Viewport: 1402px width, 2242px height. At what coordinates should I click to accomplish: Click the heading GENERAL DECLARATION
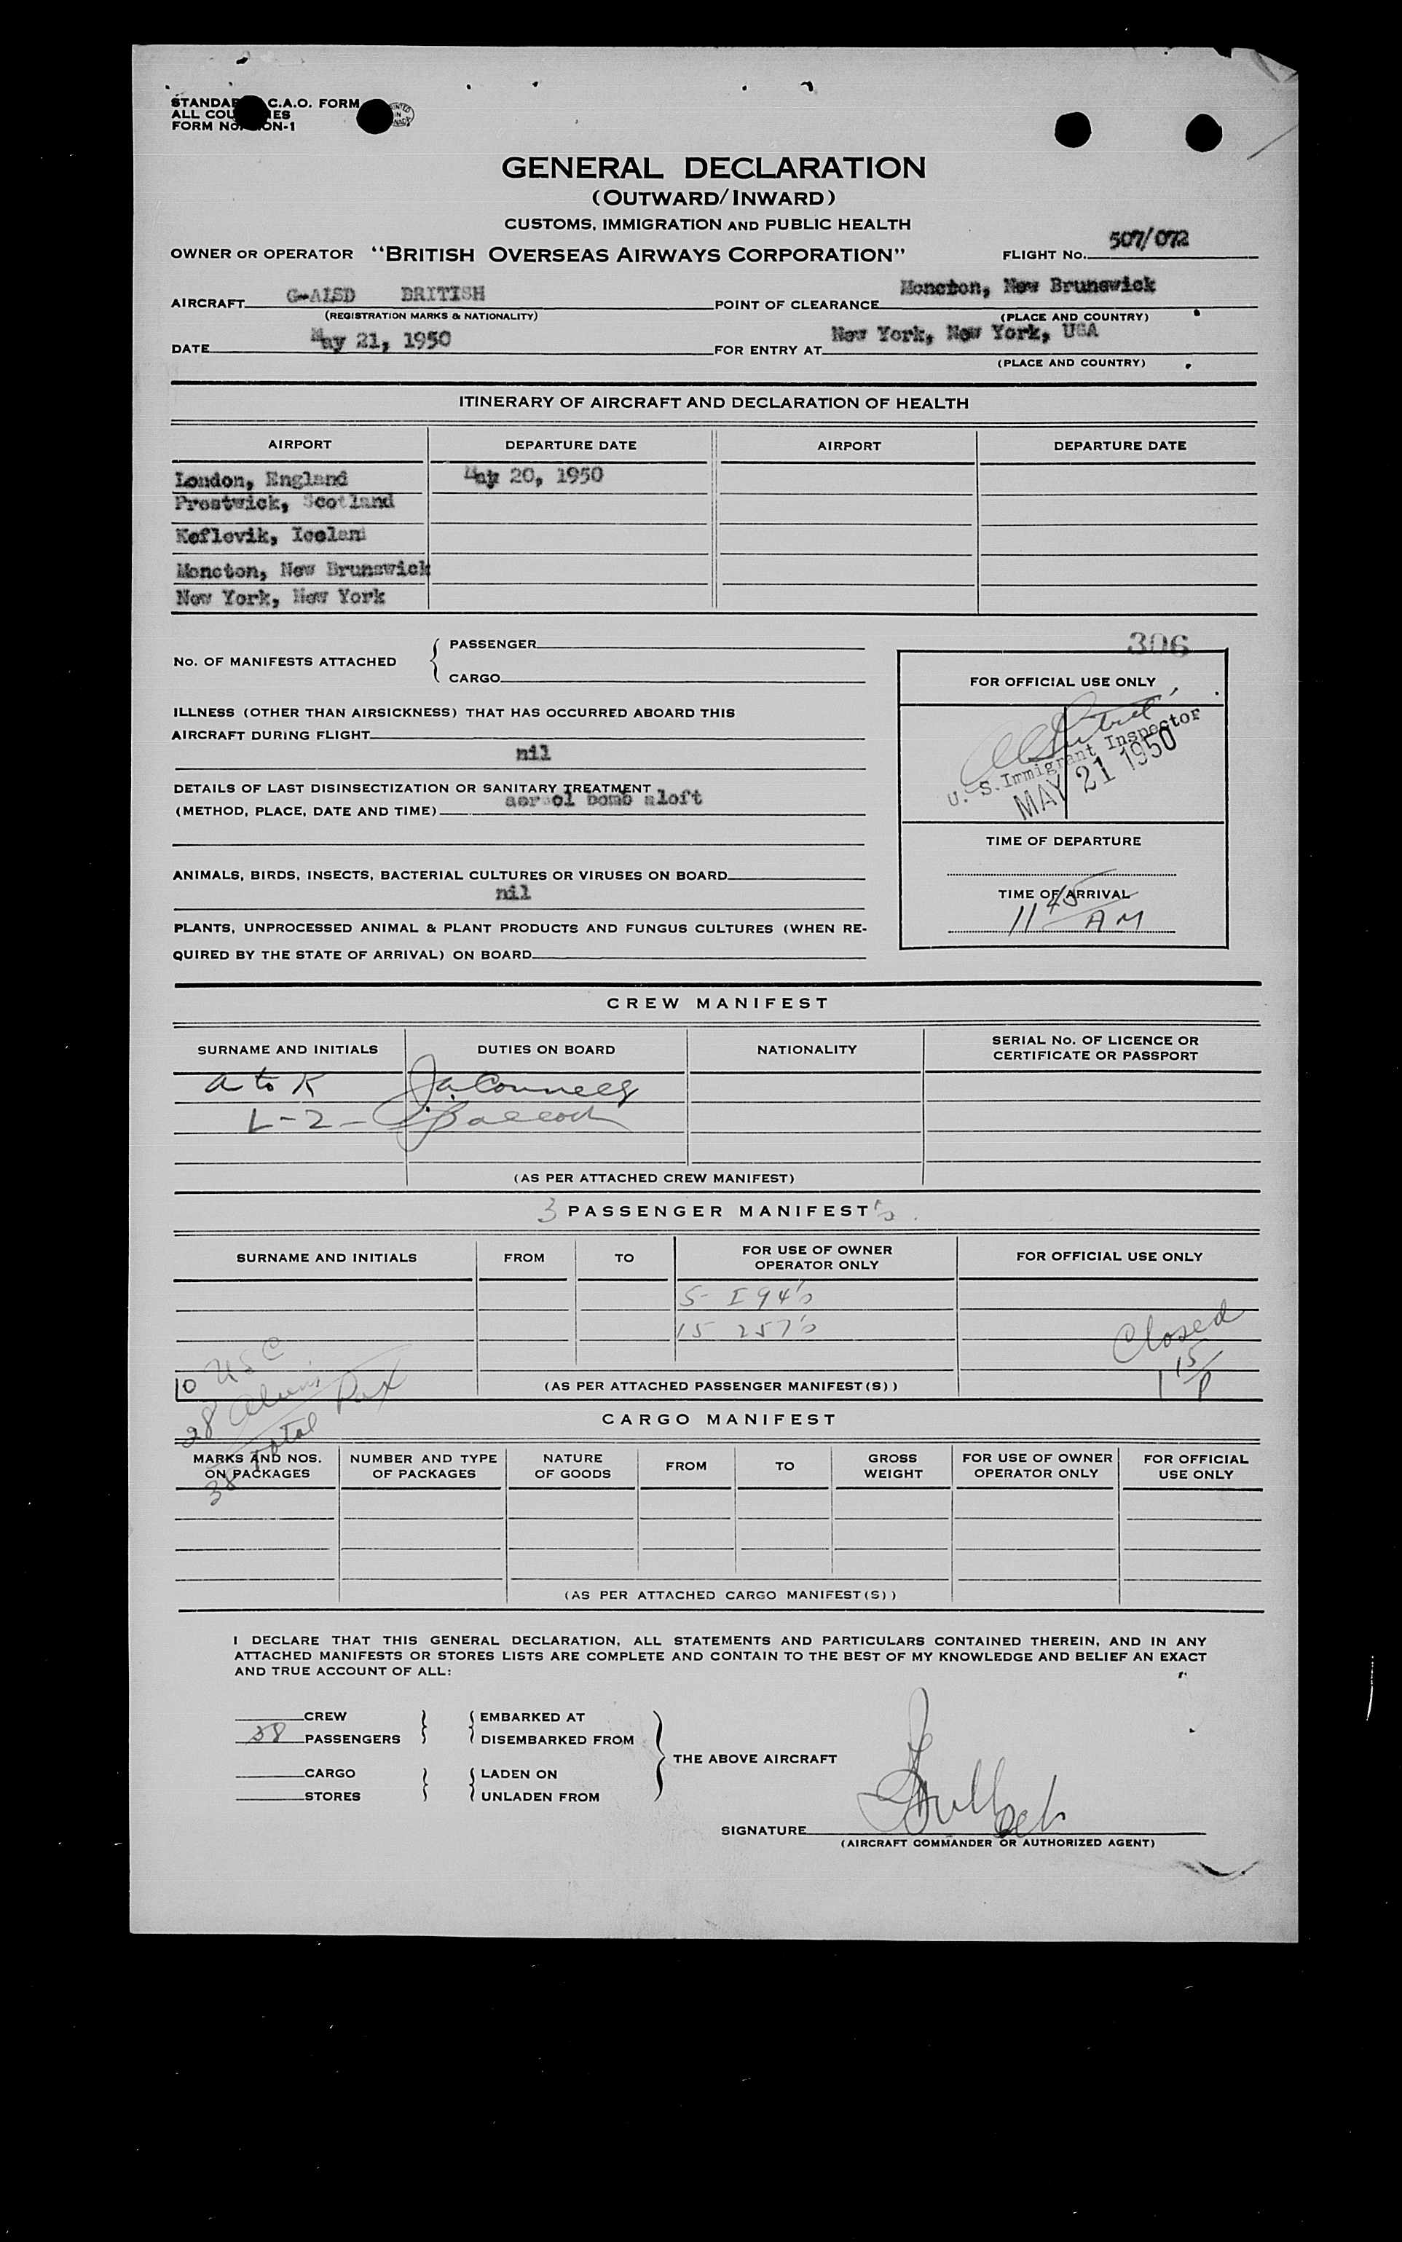713,168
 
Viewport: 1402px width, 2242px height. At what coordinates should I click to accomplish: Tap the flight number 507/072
1148,240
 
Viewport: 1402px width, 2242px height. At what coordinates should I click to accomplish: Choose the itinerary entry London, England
261,479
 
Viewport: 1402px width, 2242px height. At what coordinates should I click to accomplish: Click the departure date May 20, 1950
534,476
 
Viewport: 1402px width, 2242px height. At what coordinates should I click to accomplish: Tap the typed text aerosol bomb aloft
603,798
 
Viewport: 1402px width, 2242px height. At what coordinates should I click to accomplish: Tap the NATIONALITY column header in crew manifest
806,1050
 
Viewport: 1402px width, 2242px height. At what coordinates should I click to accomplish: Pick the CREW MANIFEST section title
717,1003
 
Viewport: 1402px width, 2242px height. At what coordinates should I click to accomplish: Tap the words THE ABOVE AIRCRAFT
754,1758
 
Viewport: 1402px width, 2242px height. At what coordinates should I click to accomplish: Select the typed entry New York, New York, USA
964,333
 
